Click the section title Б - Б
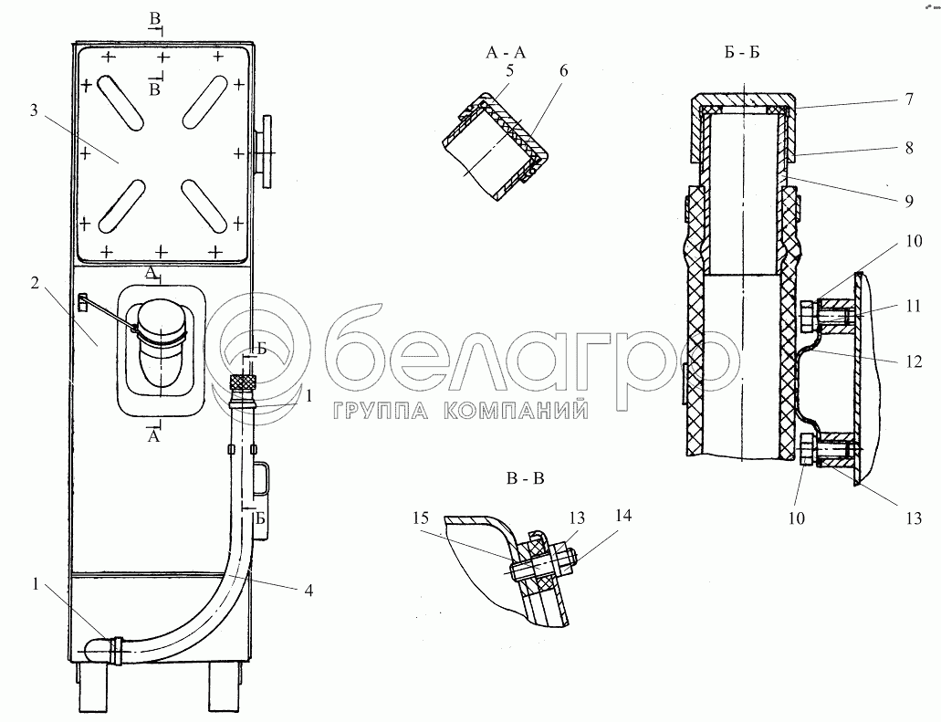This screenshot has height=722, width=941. [742, 53]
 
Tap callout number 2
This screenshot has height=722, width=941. [34, 284]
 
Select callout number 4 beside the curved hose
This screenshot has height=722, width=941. [308, 591]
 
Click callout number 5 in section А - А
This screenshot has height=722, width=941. [510, 70]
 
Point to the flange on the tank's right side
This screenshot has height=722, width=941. [267, 152]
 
